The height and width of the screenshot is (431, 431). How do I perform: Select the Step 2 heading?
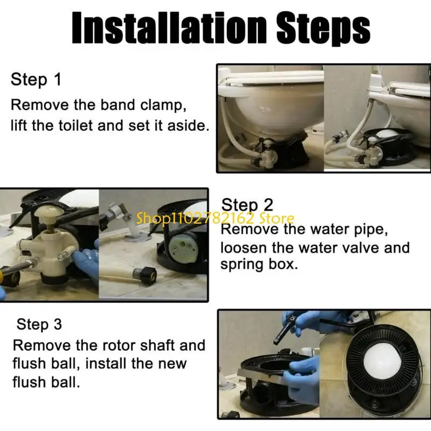[x=247, y=205]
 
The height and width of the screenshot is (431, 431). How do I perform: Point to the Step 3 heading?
[x=39, y=324]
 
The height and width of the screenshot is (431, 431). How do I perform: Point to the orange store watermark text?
[x=215, y=219]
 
